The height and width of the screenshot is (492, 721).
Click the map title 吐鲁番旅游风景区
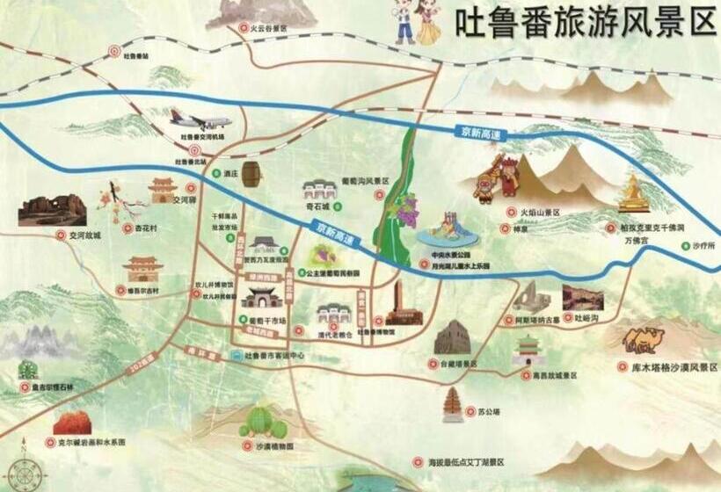point(586,24)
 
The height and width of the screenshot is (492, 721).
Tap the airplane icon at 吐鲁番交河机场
point(201,121)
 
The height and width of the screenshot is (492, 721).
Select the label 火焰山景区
point(540,213)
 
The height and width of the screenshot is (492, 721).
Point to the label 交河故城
point(85,235)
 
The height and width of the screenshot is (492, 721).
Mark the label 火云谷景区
point(268,29)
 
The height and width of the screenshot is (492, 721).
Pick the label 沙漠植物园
point(263,446)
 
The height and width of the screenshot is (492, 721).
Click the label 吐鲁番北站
point(203,161)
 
